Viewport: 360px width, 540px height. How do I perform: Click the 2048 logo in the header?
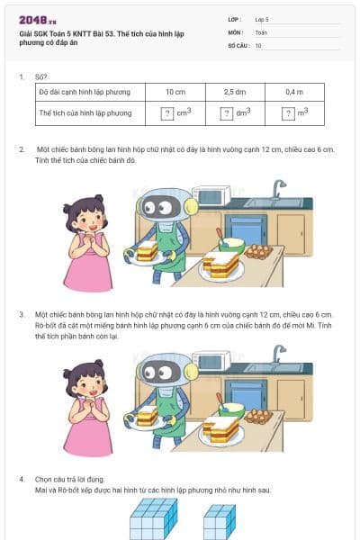(38, 20)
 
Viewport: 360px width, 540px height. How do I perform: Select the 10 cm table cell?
(175, 92)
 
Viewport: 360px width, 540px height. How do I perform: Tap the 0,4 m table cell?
(294, 92)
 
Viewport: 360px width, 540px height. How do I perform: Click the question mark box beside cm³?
(166, 113)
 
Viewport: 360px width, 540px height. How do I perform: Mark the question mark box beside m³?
(288, 113)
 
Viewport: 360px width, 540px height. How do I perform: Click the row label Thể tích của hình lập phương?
(85, 113)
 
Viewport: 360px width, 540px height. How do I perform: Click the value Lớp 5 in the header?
(263, 19)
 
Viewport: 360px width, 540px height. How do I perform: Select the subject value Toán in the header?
(261, 31)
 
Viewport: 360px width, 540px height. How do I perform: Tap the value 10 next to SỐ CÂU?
(259, 44)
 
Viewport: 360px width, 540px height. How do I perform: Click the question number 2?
(22, 147)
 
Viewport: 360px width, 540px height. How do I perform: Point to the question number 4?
(22, 478)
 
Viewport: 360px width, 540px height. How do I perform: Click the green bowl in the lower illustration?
(231, 409)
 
